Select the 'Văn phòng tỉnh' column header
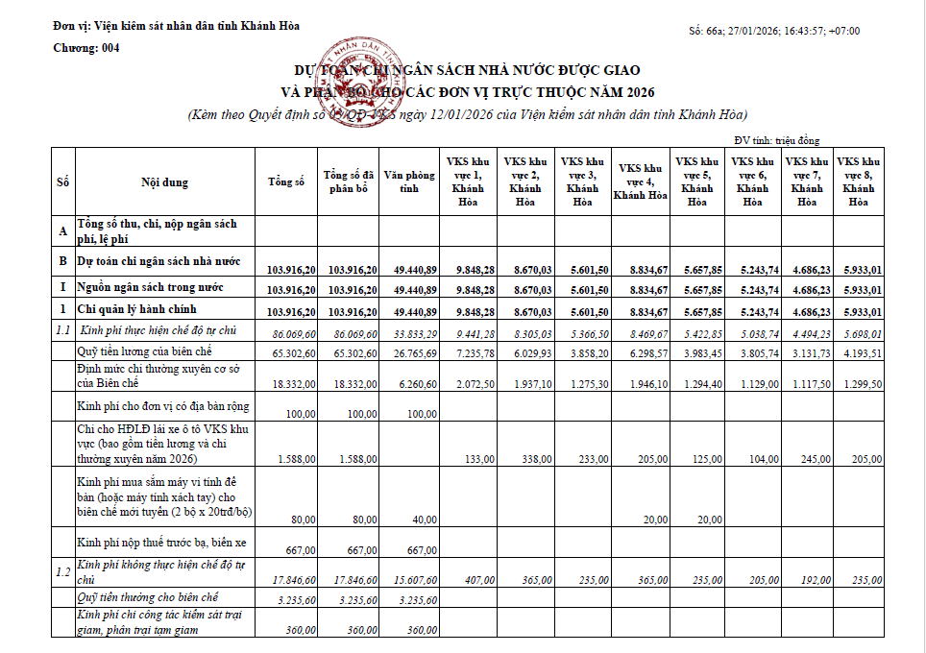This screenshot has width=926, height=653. [x=410, y=181]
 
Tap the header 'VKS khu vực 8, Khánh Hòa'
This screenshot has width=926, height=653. [x=858, y=181]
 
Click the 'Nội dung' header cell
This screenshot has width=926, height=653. [x=165, y=182]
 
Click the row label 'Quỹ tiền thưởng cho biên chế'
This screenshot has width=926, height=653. [x=148, y=597]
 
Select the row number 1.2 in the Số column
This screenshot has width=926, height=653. [x=63, y=572]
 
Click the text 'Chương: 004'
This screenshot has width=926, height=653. [x=86, y=47]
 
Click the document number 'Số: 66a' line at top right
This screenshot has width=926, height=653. [x=774, y=31]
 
